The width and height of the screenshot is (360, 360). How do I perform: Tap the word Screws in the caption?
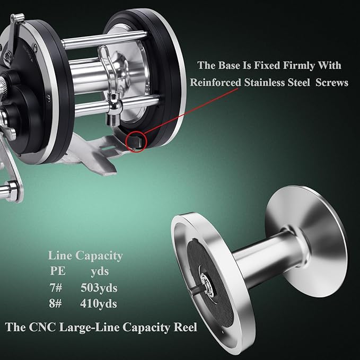(x=329, y=83)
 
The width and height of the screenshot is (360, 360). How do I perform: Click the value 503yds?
(x=99, y=288)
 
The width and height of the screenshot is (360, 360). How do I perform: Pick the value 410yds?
(x=99, y=304)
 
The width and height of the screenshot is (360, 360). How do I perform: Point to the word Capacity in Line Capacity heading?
(x=99, y=256)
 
